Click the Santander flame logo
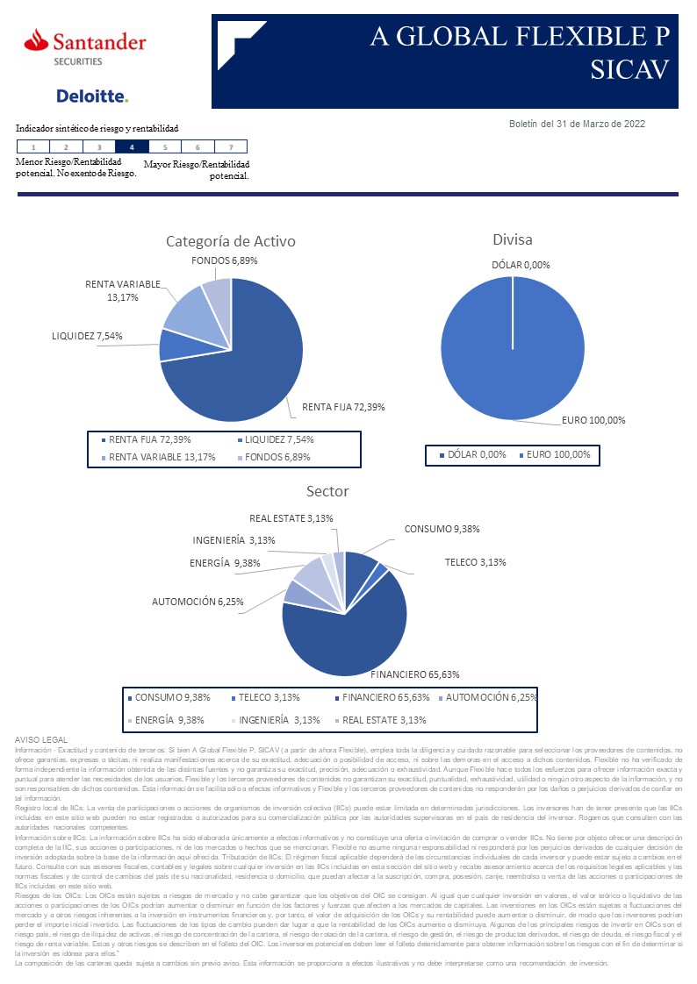(x=37, y=40)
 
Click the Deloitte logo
(x=92, y=96)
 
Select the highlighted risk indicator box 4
(x=132, y=147)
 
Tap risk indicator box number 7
(x=230, y=147)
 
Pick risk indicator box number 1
(x=32, y=147)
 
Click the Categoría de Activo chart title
(x=231, y=241)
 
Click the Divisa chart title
(x=513, y=239)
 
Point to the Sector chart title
(x=327, y=491)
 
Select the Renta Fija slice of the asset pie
(x=246, y=360)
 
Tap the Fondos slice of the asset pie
(x=217, y=293)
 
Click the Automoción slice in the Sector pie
(x=298, y=594)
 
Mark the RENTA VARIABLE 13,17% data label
(x=123, y=290)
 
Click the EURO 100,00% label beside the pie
(x=593, y=420)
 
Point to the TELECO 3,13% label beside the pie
(x=475, y=562)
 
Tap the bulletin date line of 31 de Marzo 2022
(x=577, y=124)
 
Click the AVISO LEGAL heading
(x=41, y=741)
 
